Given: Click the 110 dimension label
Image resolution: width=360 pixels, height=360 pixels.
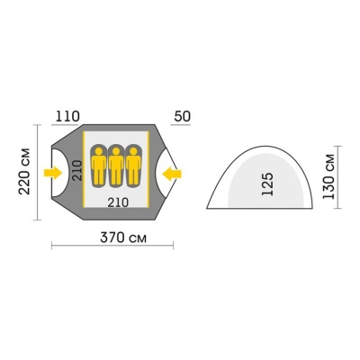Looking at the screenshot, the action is [x=67, y=116].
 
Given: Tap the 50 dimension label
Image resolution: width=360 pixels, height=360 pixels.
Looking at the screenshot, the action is [x=182, y=116].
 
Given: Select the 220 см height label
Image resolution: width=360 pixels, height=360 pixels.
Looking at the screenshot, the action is [x=24, y=171].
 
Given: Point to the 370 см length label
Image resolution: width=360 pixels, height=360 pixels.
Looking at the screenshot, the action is [x=123, y=238].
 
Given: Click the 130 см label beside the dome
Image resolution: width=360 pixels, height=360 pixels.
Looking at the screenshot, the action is [x=328, y=176].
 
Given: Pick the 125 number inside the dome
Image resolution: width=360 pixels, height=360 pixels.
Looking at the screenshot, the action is [x=268, y=184].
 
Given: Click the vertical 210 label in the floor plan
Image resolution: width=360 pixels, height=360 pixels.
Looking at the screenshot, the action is [x=77, y=170].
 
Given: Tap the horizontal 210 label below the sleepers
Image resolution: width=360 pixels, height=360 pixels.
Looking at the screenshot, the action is [x=118, y=202].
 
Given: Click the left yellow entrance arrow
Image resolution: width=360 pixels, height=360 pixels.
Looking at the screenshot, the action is [x=53, y=173].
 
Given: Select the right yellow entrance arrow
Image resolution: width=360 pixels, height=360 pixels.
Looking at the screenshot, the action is [x=172, y=174].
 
